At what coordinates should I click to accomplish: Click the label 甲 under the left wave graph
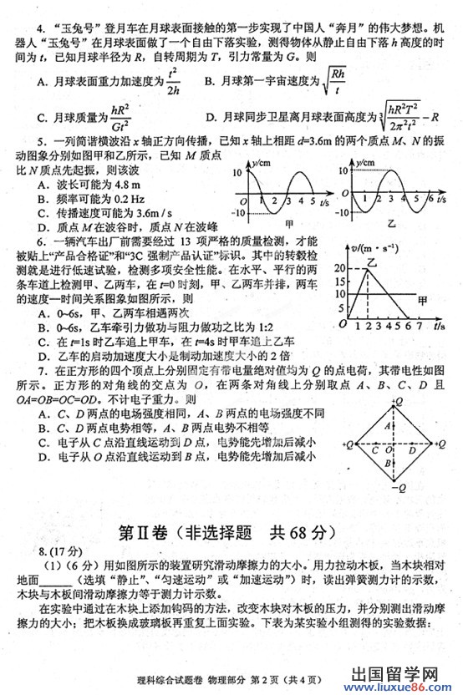point(289,224)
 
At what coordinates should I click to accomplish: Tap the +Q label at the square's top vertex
point(400,400)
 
